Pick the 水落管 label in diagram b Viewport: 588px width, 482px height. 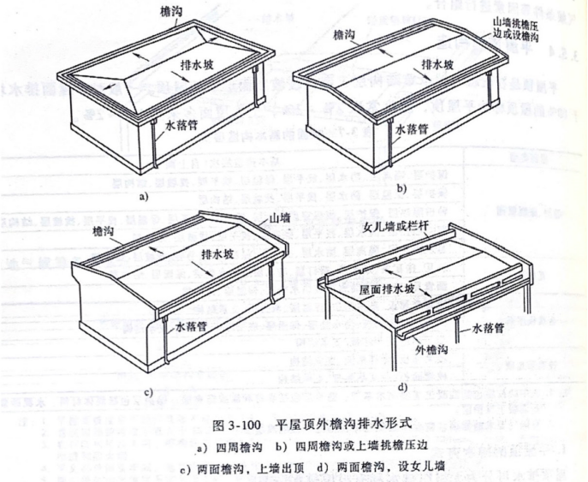415,130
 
